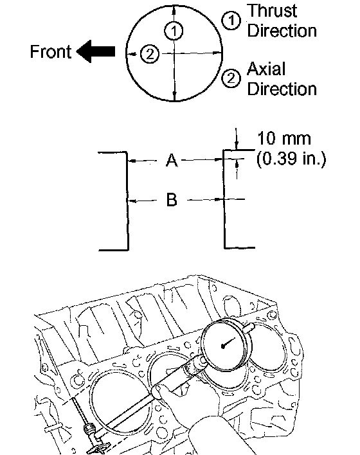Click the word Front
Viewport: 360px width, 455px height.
click(x=51, y=51)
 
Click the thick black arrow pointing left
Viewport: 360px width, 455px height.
click(x=96, y=51)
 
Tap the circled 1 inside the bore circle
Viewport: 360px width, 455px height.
click(x=174, y=31)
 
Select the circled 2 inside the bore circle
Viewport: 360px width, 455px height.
click(x=150, y=54)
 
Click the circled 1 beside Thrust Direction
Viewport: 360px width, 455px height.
click(x=231, y=21)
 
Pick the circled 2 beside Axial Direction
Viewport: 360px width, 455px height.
click(x=231, y=78)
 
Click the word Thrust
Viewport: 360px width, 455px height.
click(x=272, y=11)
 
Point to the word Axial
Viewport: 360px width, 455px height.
click(x=266, y=69)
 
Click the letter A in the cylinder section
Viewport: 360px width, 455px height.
click(x=172, y=160)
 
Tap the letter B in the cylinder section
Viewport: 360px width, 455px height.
click(x=172, y=200)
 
